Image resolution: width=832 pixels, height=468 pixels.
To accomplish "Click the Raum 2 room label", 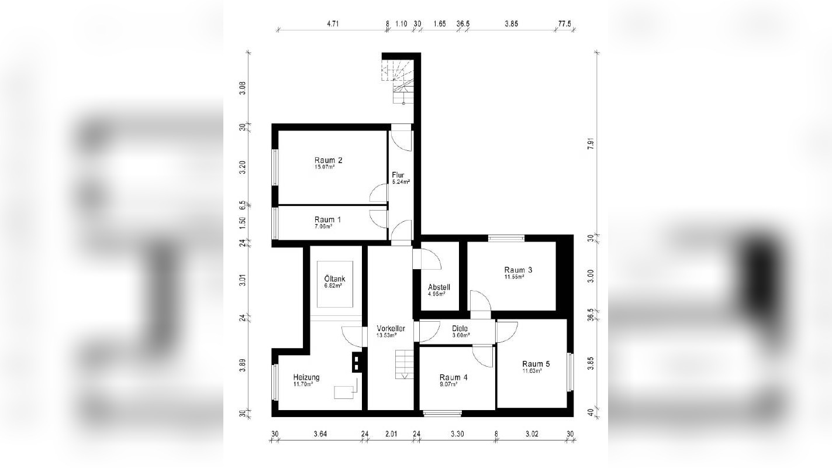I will point(328,160).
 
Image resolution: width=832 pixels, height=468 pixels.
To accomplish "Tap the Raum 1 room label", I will point(328,219).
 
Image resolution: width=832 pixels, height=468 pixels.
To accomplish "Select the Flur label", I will point(398,175).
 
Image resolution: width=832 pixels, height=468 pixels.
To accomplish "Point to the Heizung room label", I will point(306,377).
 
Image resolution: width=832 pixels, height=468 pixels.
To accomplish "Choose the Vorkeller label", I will point(391,328).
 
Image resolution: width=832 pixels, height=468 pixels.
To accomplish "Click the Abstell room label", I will point(439,287).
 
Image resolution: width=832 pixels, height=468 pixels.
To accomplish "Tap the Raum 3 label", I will point(518,270).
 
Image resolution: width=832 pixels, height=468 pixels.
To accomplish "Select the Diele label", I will point(460,328).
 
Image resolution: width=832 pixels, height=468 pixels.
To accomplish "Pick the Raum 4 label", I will point(453,377).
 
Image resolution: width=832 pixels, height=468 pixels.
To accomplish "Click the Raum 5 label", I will point(536,363).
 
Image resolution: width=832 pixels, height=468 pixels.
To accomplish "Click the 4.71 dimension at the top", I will point(333,24).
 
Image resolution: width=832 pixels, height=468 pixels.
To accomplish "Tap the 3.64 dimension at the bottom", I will point(320,433).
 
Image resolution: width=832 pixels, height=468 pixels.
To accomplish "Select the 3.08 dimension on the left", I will point(243,88).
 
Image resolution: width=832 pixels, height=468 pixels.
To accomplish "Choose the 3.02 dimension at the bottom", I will point(531,433).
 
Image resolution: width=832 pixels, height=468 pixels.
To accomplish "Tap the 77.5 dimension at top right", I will point(564,24).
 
